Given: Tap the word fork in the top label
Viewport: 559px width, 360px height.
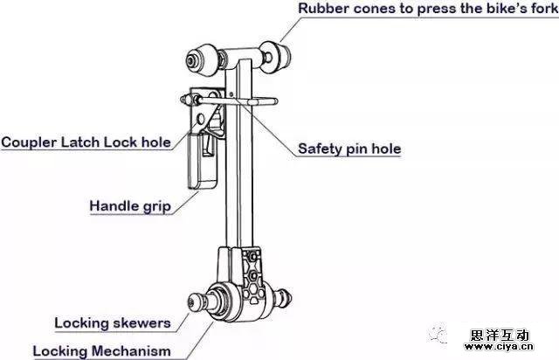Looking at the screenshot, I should coord(542,10).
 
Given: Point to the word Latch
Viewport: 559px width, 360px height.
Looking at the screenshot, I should coord(84,142).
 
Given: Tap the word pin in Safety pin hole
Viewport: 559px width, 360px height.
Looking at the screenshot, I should coord(360,149).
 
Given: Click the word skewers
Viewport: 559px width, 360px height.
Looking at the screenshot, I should coord(141,322).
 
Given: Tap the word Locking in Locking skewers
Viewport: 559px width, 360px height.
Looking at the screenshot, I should coord(81,322).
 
